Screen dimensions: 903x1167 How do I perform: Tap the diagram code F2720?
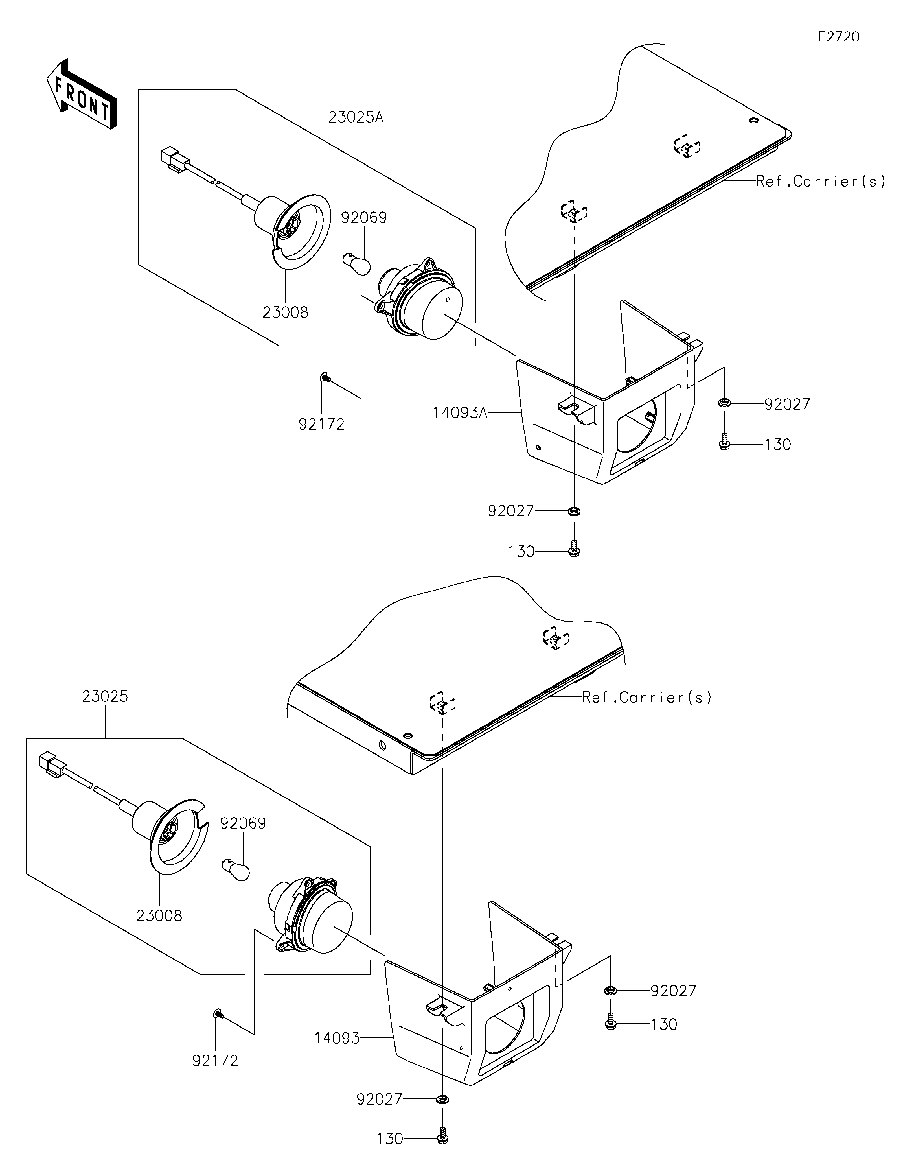[x=839, y=37]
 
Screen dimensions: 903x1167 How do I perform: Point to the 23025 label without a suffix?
[x=105, y=697]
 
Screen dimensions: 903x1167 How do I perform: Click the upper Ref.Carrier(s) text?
[x=821, y=182]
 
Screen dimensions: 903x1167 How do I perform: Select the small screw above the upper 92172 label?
[x=325, y=378]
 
